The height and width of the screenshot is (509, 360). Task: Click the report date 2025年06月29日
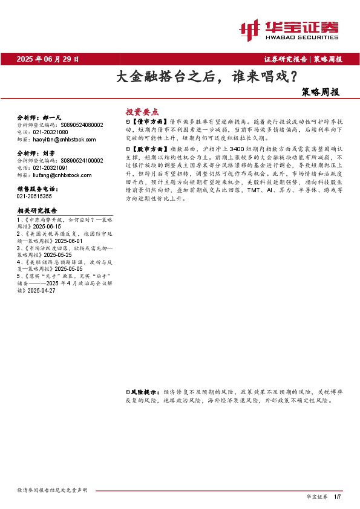pyautogui.click(x=48, y=59)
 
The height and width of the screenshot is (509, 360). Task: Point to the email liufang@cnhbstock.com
pyautogui.click(x=58, y=175)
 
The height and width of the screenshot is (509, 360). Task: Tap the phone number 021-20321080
pyautogui.click(x=50, y=132)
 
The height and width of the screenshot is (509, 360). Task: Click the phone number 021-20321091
pyautogui.click(x=50, y=168)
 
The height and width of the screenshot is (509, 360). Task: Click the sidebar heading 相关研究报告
pyautogui.click(x=38, y=211)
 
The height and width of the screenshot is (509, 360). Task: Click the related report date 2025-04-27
pyautogui.click(x=41, y=291)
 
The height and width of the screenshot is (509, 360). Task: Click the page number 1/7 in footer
pyautogui.click(x=338, y=496)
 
